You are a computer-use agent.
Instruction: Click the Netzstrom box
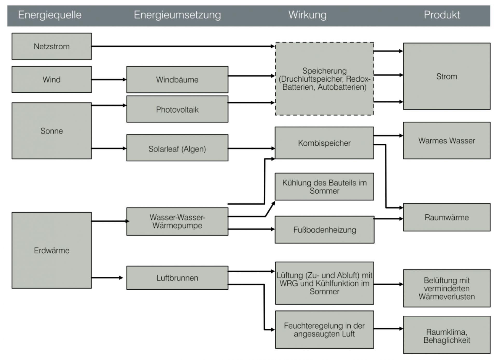[x=51, y=46]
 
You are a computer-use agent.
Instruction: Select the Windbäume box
[x=177, y=79]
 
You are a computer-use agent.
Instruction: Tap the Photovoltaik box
[x=177, y=109]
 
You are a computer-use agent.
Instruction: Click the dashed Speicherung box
[x=324, y=79]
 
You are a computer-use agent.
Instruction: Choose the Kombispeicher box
[x=324, y=143]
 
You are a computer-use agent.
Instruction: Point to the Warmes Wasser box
[x=446, y=141]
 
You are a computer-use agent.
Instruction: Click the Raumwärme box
[x=446, y=217]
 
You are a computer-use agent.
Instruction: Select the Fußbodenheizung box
[x=324, y=230]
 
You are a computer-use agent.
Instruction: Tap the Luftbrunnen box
[x=177, y=278]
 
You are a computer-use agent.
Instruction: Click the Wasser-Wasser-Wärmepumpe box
[x=177, y=221]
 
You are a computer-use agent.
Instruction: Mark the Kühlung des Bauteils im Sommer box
[x=324, y=186]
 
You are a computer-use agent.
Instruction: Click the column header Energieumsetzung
[x=177, y=15]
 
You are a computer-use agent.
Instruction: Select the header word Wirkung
[x=307, y=15]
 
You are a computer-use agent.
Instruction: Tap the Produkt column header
[x=441, y=15]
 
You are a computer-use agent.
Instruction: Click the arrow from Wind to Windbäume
[x=109, y=79]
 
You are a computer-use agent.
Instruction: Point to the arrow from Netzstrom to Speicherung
[x=183, y=46]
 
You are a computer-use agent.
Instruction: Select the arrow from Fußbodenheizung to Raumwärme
[x=388, y=219]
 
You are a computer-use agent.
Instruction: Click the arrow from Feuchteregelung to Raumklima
[x=388, y=329]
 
